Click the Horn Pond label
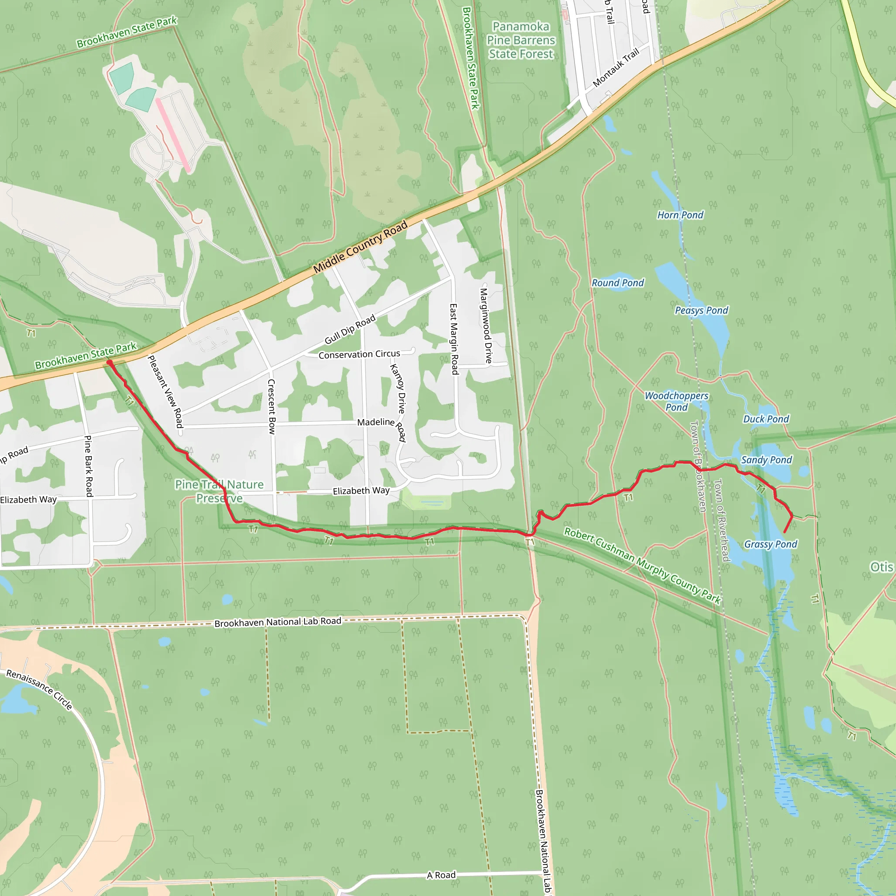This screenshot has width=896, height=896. click(680, 215)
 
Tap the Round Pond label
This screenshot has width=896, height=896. click(618, 283)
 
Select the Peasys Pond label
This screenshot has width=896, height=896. click(701, 310)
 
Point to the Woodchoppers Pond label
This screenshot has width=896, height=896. click(676, 401)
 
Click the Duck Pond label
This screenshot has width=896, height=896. click(766, 419)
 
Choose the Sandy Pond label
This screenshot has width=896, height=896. click(766, 460)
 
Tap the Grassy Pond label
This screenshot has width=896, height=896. click(770, 544)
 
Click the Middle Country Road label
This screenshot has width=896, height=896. click(360, 247)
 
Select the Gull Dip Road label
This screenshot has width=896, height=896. click(350, 330)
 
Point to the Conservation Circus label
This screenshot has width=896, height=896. click(359, 354)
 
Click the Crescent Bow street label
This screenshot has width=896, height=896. click(272, 406)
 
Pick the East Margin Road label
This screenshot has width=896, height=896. click(454, 339)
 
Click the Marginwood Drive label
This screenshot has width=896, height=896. click(486, 325)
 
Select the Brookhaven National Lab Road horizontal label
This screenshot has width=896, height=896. click(277, 623)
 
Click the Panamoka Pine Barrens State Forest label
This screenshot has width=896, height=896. click(520, 40)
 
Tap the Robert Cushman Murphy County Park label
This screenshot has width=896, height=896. click(642, 566)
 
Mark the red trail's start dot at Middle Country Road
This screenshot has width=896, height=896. click(109, 362)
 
